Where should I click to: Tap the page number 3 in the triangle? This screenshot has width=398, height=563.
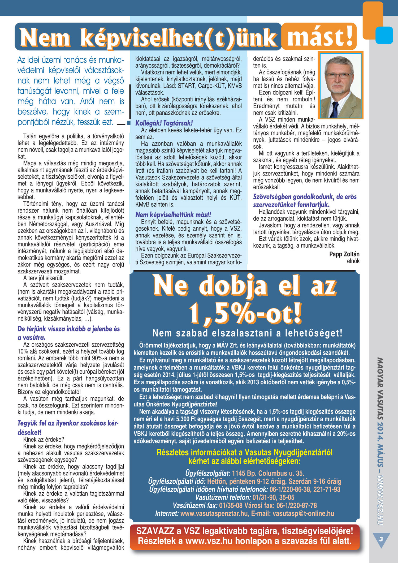[381, 539]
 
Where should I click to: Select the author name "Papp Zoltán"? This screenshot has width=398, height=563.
[344, 254]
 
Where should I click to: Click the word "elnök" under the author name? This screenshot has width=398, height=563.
[353, 261]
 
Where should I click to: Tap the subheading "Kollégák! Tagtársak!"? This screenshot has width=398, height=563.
[164, 123]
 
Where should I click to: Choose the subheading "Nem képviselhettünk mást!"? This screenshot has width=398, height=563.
[173, 214]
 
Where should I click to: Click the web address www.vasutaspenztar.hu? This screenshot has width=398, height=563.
[214, 513]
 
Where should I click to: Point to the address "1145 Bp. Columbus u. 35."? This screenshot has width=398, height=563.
[268, 473]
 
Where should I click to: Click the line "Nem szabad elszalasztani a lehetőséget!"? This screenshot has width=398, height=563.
[248, 333]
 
